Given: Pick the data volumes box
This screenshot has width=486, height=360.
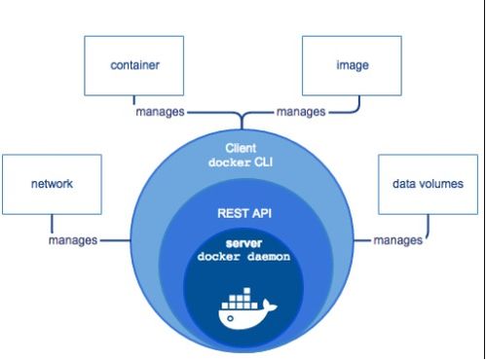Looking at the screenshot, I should click(426, 183).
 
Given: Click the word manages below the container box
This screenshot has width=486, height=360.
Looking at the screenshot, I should click(160, 112).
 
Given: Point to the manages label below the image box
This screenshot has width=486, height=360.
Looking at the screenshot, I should click(300, 112).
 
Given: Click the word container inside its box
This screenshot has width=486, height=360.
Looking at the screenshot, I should click(133, 65).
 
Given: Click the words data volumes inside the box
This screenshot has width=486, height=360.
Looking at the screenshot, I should click(426, 182).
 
